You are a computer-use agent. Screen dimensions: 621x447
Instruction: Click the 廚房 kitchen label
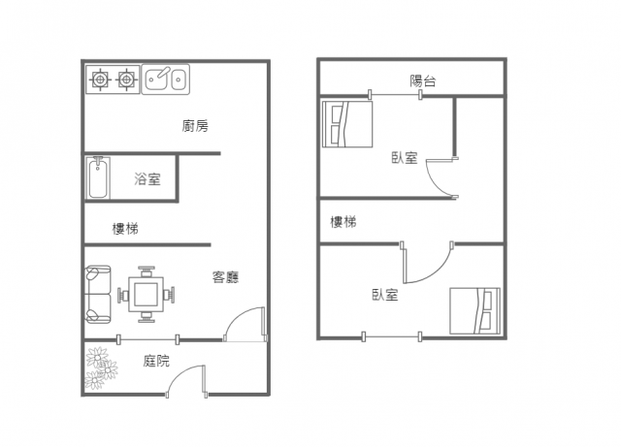pyautogui.click(x=195, y=126)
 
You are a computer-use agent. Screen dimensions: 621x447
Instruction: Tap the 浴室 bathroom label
pyautogui.click(x=147, y=179)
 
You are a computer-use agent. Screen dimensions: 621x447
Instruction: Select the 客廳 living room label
pyautogui.click(x=225, y=277)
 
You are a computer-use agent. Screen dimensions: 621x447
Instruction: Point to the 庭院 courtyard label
pyautogui.click(x=156, y=361)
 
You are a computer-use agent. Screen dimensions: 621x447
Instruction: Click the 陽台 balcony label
pyautogui.click(x=423, y=80)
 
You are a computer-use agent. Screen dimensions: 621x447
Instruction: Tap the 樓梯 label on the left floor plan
pyautogui.click(x=125, y=229)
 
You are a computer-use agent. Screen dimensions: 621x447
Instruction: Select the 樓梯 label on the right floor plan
pyautogui.click(x=343, y=222)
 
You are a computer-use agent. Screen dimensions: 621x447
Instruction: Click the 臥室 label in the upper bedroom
pyautogui.click(x=405, y=158)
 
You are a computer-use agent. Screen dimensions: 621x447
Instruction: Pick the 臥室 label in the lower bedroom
pyautogui.click(x=385, y=295)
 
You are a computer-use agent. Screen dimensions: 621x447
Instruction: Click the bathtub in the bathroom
pyautogui.click(x=98, y=177)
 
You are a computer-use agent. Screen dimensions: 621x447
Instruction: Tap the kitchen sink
pyautogui.click(x=166, y=80)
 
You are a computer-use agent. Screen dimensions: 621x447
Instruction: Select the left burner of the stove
pyautogui.click(x=100, y=80)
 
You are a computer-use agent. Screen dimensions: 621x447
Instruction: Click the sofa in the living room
pyautogui.click(x=98, y=294)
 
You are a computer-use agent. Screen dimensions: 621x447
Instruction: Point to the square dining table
pyautogui.click(x=146, y=295)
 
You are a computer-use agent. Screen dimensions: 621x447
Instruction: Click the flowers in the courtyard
pyautogui.click(x=101, y=368)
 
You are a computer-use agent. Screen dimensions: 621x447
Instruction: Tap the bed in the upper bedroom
pyautogui.click(x=347, y=124)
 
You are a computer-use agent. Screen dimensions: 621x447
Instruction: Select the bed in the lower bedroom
pyautogui.click(x=474, y=311)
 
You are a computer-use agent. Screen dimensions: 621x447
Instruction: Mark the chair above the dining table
pyautogui.click(x=147, y=271)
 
